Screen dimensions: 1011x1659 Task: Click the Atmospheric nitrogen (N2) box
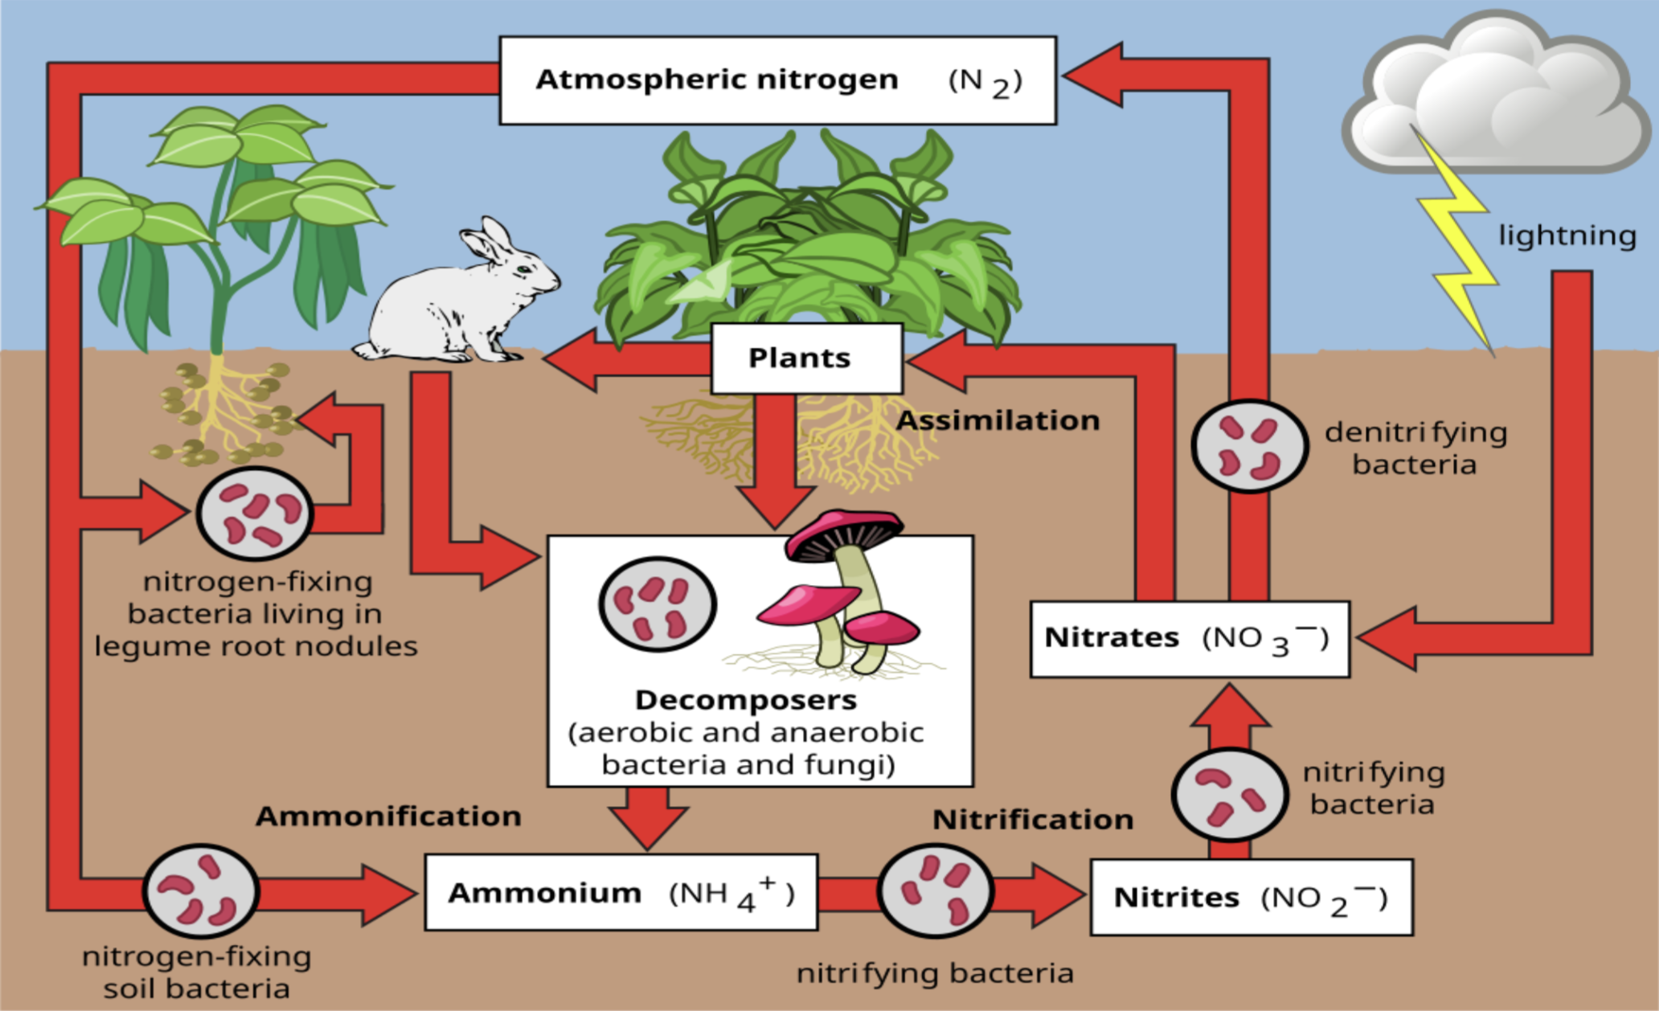pos(777,80)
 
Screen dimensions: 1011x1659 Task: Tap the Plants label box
pos(806,358)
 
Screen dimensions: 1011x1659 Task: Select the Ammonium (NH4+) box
pos(621,892)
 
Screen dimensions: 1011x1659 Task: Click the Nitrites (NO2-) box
pos(1251,897)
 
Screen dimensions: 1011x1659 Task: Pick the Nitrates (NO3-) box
pos(1189,639)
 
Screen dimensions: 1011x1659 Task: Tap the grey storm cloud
pos(1495,96)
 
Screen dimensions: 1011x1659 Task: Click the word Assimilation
pos(997,420)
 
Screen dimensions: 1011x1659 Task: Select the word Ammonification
pos(388,817)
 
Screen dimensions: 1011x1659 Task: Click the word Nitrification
pos(1033,820)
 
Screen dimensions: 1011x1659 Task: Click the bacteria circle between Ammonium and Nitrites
pos(935,890)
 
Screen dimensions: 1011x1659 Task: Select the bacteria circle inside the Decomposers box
pos(657,604)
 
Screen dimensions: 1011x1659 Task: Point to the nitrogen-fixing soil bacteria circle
pos(200,890)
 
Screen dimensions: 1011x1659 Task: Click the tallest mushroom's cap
pos(844,530)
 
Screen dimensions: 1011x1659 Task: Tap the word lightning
pos(1567,235)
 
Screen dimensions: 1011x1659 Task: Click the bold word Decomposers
pos(746,700)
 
